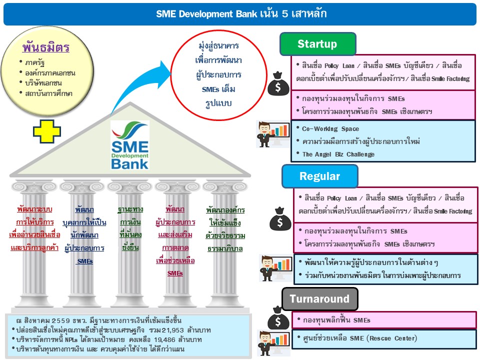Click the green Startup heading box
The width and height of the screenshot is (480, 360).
tap(317, 44)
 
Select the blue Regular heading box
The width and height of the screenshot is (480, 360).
tap(319, 176)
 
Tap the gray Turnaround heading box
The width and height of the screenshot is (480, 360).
tap(319, 299)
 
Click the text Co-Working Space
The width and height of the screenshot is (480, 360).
tap(323, 129)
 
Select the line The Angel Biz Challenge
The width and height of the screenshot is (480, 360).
tap(338, 154)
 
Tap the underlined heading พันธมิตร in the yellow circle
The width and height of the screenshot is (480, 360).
tap(45, 48)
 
